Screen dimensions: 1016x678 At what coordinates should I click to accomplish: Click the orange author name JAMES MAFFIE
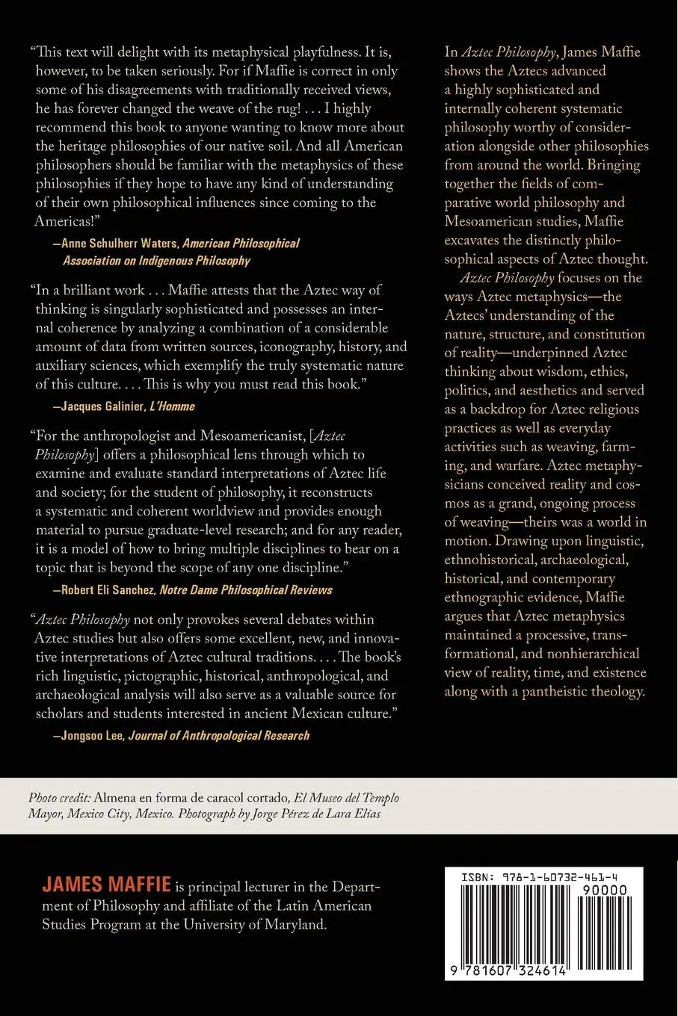[106, 885]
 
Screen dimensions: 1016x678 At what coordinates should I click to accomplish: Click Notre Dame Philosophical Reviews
[246, 589]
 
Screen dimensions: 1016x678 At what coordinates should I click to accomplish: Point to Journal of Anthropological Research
[218, 736]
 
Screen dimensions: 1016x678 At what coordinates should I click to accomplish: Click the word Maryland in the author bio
[295, 924]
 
